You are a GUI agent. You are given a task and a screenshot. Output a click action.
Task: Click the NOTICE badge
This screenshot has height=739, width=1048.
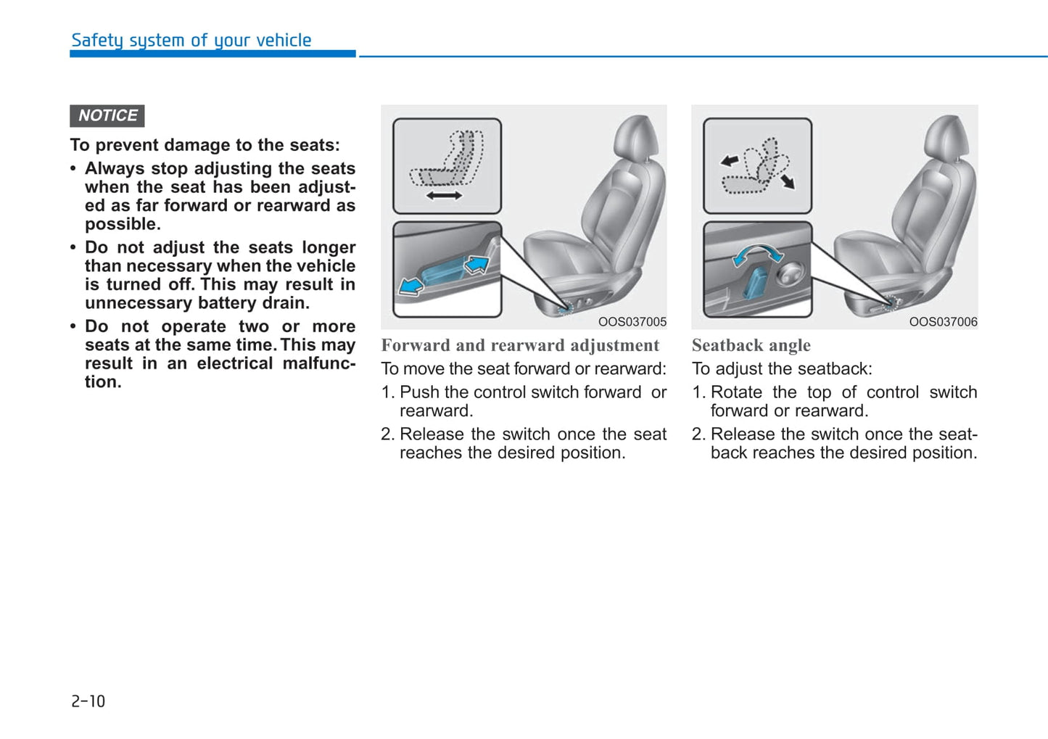[x=107, y=116]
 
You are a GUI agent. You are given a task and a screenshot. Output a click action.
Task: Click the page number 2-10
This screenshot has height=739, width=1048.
[x=88, y=701]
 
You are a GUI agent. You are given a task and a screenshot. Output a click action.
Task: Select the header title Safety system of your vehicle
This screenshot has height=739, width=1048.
[x=191, y=41]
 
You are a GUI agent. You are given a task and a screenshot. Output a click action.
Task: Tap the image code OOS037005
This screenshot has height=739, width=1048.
[x=632, y=322]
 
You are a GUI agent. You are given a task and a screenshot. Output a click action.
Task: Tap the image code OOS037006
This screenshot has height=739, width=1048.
[x=943, y=322]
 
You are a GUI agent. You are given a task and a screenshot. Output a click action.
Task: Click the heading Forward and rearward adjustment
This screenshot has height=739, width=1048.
[x=520, y=346]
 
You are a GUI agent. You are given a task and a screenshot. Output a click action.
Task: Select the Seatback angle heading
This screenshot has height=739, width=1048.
[x=751, y=346]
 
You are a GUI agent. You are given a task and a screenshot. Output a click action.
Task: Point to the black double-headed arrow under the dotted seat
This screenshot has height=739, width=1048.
[x=444, y=196]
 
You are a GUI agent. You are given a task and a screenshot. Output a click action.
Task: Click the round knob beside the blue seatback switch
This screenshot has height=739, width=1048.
[x=789, y=274]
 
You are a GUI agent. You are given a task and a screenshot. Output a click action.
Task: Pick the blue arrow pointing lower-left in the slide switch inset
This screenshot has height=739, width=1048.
[x=410, y=286]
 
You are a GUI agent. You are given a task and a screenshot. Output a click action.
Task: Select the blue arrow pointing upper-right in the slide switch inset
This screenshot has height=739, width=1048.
[x=476, y=264]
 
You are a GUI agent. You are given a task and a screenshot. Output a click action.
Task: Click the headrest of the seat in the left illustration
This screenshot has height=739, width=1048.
[x=638, y=136]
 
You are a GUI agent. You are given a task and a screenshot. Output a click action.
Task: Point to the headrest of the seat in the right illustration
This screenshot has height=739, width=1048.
[x=948, y=136]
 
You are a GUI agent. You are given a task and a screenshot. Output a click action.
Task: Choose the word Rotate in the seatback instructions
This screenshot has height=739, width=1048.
[x=736, y=392]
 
